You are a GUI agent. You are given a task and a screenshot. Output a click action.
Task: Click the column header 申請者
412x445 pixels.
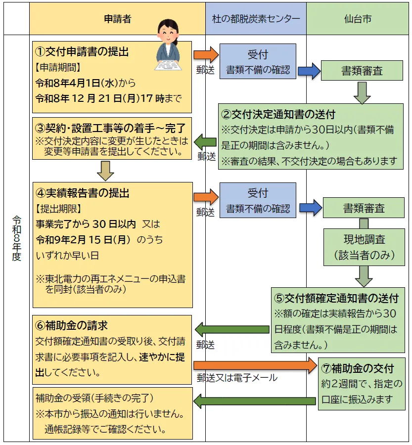pyautogui.click(x=117, y=19)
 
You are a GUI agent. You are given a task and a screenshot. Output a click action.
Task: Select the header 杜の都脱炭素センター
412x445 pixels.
pyautogui.click(x=256, y=19)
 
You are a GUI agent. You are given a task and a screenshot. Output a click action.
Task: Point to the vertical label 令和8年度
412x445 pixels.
pyautogui.click(x=16, y=237)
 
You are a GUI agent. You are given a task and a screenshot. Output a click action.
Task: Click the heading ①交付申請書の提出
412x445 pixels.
pyautogui.click(x=85, y=51)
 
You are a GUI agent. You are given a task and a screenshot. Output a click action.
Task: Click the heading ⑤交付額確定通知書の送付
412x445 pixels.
pyautogui.click(x=336, y=298)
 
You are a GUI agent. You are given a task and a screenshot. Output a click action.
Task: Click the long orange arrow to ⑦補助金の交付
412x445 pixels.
pyautogui.click(x=255, y=365)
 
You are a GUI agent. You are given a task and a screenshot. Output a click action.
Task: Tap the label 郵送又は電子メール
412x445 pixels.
pyautogui.click(x=237, y=378)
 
